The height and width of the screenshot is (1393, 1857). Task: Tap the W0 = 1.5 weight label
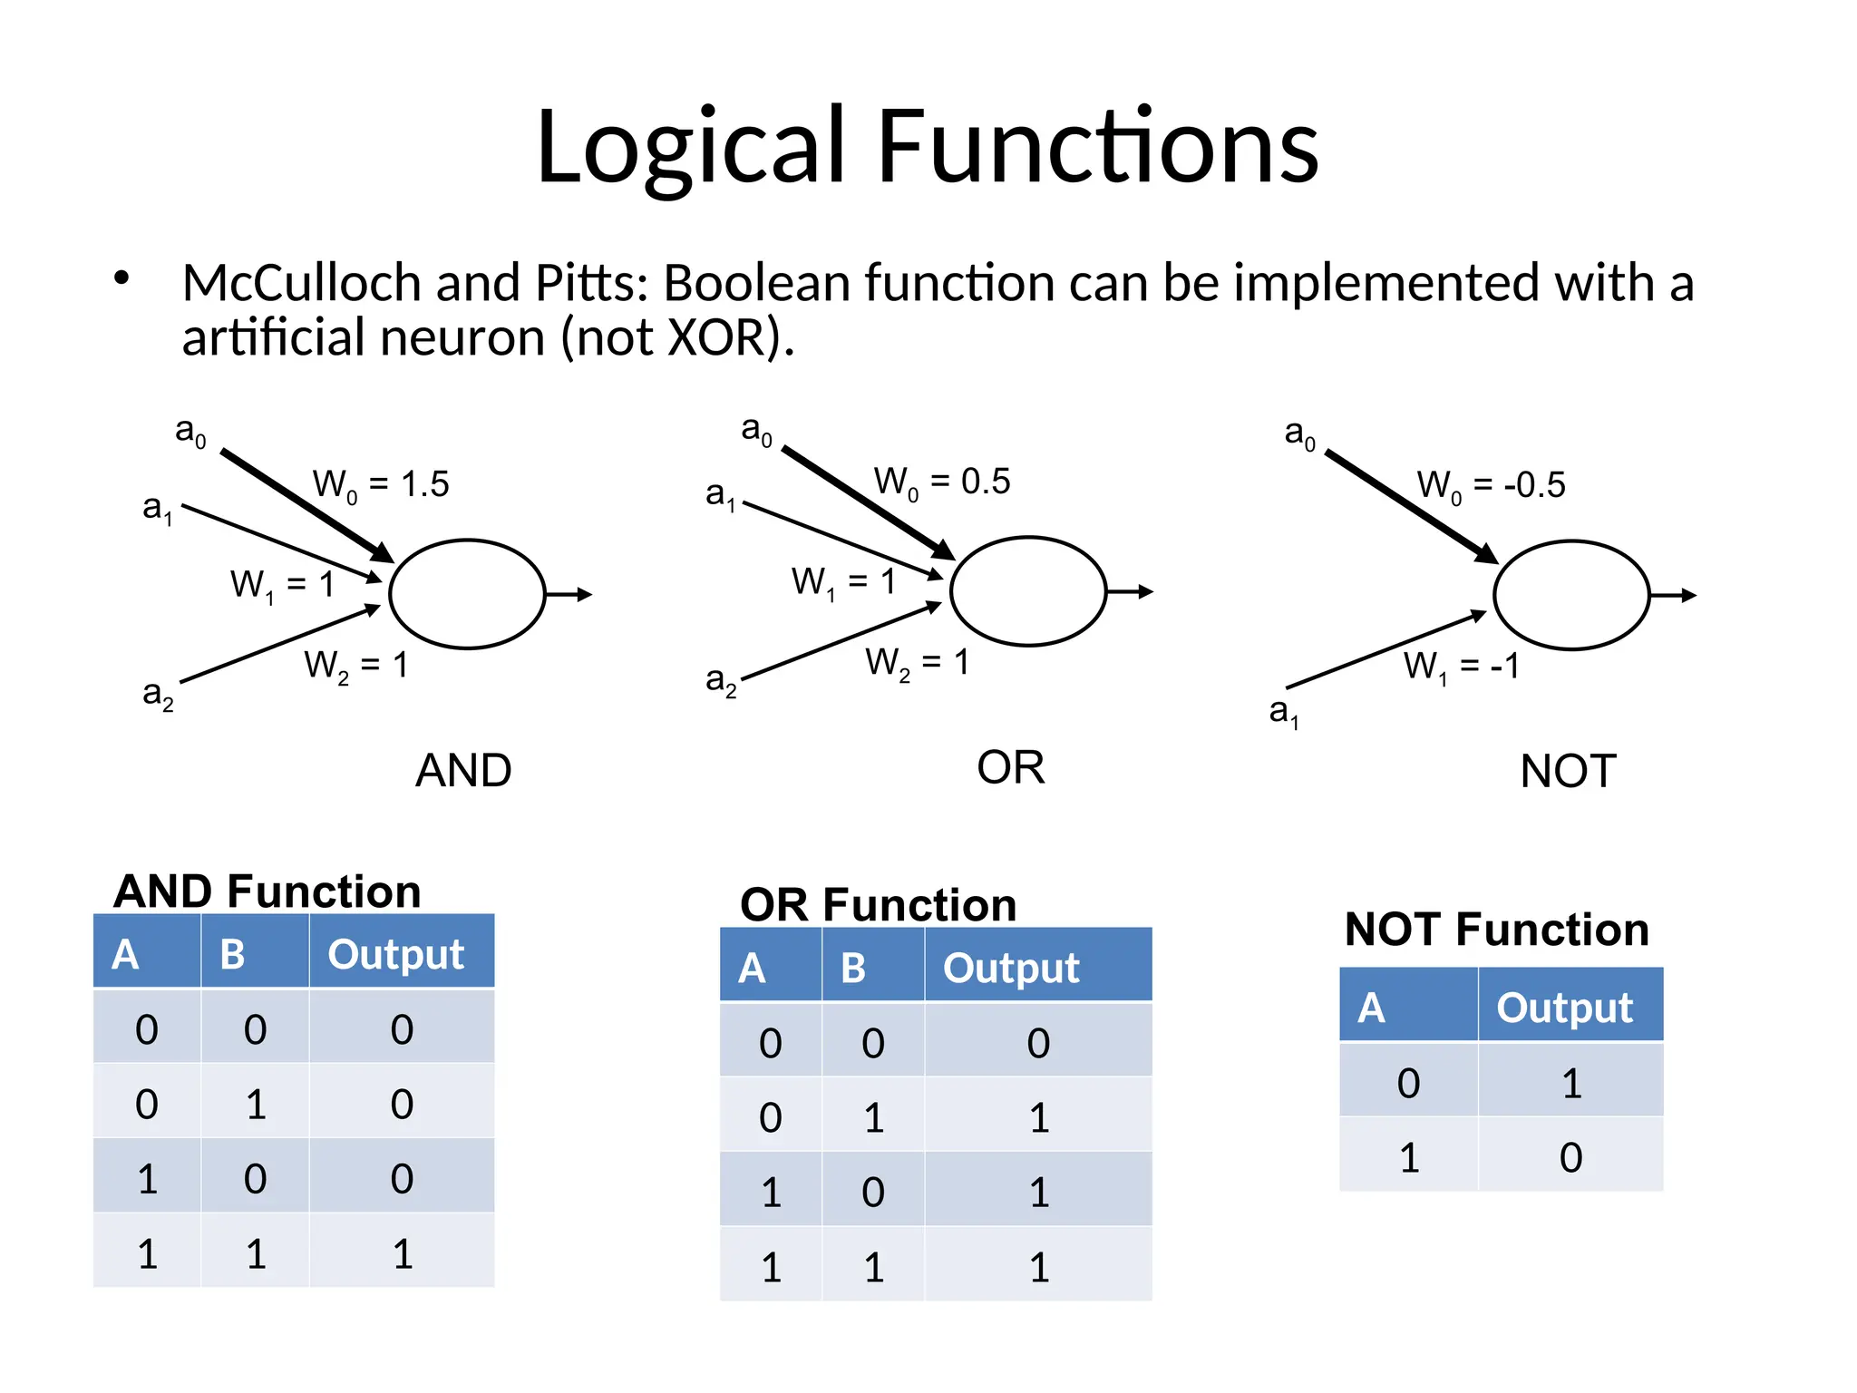tap(381, 484)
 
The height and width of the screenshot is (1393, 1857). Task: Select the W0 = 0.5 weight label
tap(942, 482)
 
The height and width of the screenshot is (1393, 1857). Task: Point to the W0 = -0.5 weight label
tap(1491, 485)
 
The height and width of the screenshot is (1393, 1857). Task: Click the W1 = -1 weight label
tap(1461, 667)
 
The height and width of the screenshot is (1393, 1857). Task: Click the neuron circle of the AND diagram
tap(467, 594)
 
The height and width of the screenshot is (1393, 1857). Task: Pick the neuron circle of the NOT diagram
tap(1571, 595)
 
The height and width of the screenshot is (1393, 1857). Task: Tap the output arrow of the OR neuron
tap(1131, 592)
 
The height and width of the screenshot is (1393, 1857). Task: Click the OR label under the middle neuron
tap(1010, 768)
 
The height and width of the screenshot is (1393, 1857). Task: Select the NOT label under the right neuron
tap(1568, 772)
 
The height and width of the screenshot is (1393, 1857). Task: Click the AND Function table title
tap(267, 891)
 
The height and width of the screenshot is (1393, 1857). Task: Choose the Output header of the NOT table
tap(1564, 1008)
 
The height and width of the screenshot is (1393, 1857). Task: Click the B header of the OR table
tap(853, 968)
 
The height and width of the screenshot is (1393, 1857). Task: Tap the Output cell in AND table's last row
tap(402, 1254)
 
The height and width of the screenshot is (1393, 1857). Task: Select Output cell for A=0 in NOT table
tap(1571, 1083)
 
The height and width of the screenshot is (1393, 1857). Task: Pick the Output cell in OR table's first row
tap(1038, 1043)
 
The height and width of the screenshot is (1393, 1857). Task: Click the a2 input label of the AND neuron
tap(158, 695)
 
